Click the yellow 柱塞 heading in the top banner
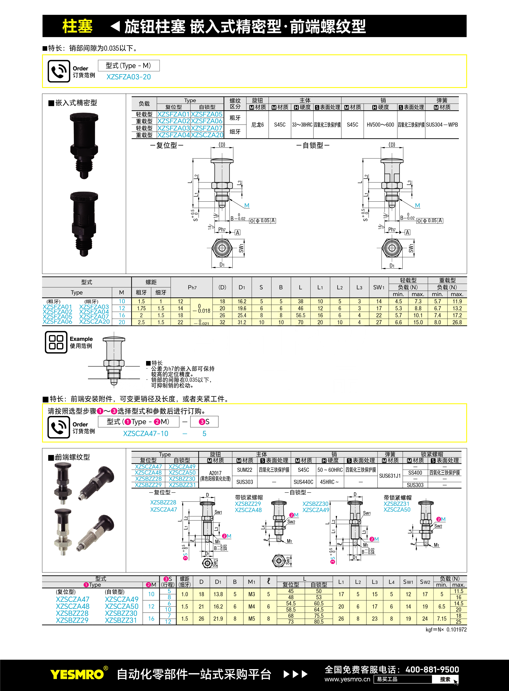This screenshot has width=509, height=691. (x=77, y=26)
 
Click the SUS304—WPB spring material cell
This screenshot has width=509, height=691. (x=442, y=125)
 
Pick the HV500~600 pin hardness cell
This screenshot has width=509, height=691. (x=380, y=125)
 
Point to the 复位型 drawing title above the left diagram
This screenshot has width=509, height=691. (x=167, y=145)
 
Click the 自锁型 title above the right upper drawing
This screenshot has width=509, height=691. (x=313, y=145)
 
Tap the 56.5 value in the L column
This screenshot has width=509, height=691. (x=300, y=315)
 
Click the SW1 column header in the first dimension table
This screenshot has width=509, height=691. (x=379, y=287)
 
